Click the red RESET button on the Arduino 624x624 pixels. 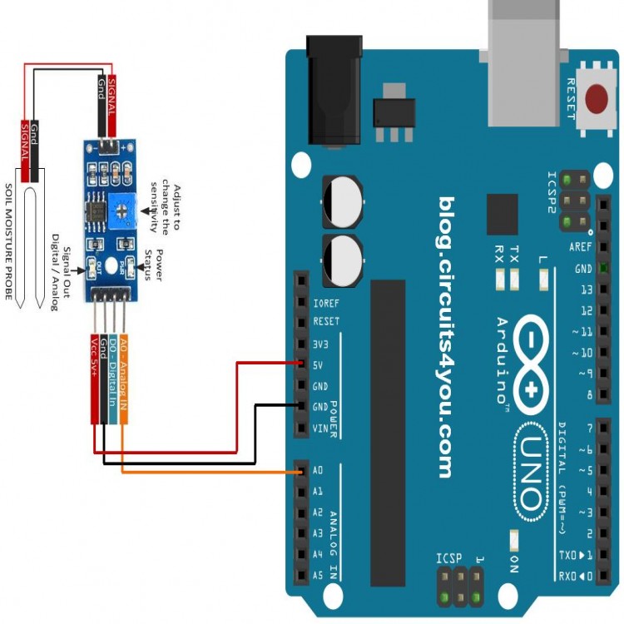(597, 99)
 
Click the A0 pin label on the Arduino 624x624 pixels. (317, 470)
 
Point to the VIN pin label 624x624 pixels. (320, 428)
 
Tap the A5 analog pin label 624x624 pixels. (317, 575)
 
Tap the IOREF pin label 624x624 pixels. (325, 302)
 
